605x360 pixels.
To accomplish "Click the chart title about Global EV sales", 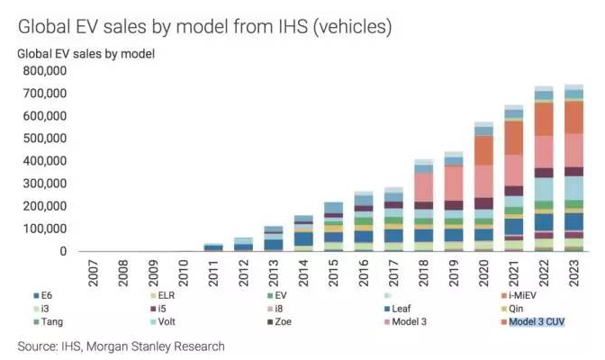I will point(205,26).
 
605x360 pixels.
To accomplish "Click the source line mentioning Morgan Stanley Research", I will point(122,346).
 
